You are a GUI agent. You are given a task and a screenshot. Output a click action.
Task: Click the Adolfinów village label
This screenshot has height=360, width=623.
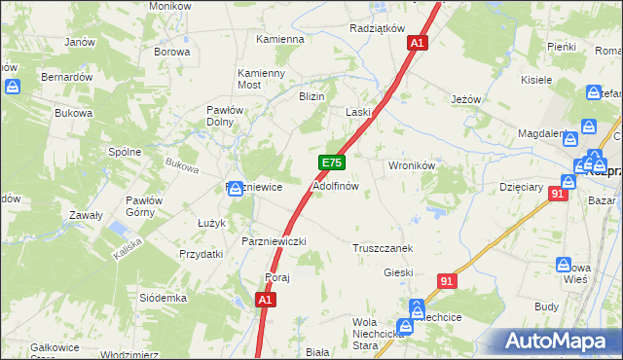[336, 185]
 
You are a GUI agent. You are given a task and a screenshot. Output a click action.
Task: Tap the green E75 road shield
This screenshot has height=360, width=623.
[331, 163]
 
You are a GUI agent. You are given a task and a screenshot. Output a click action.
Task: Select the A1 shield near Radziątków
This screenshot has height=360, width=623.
[418, 43]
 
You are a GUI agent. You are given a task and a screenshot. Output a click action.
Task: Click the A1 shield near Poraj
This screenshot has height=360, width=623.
[265, 302]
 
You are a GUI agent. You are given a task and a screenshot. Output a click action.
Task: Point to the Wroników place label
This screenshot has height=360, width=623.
[411, 165]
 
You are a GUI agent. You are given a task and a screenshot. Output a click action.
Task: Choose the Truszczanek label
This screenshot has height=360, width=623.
[383, 248]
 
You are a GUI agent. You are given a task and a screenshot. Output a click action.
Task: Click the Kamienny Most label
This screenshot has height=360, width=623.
[262, 79]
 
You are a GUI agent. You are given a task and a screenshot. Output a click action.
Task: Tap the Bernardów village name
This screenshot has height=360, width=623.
[66, 76]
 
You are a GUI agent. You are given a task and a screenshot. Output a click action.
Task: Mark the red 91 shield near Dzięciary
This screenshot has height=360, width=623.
[557, 194]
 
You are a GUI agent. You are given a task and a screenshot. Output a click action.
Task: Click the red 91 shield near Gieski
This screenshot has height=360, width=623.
[447, 281]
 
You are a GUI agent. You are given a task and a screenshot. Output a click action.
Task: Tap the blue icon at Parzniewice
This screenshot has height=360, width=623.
[236, 188]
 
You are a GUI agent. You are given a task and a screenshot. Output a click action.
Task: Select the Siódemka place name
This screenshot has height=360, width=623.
[163, 297]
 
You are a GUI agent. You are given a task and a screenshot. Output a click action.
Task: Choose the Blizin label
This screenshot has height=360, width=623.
[311, 96]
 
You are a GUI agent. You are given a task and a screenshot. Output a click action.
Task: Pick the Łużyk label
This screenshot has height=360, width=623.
[212, 223]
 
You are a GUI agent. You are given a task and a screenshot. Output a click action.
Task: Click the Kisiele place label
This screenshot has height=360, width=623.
[537, 80]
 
